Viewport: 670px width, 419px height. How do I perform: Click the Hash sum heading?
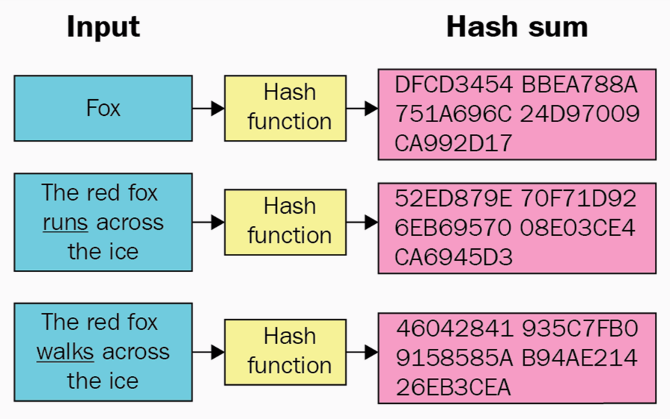[517, 27]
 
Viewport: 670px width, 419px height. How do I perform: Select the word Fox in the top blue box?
[103, 108]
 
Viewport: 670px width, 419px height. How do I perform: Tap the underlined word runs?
[65, 223]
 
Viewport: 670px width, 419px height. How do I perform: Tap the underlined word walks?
[65, 352]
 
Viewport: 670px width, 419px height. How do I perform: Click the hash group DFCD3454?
[453, 85]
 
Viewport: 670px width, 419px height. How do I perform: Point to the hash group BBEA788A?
[580, 85]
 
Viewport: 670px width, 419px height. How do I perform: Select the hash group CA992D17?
[453, 143]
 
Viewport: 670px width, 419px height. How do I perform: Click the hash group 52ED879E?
[453, 198]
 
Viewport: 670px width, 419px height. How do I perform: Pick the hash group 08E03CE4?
[578, 228]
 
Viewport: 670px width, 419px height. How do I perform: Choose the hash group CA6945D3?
[453, 257]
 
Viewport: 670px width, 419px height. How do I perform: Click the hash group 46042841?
[454, 328]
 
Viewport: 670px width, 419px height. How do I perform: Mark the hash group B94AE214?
[580, 358]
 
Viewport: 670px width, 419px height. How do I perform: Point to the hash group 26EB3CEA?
[453, 387]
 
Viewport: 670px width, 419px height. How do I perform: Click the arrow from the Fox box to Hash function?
[208, 108]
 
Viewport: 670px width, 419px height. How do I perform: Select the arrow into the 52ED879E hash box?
[362, 222]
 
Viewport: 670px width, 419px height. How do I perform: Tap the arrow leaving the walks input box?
[208, 352]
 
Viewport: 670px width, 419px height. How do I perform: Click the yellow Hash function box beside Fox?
[285, 108]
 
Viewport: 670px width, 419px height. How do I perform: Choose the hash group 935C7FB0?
[580, 328]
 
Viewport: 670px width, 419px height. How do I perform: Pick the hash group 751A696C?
[453, 114]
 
